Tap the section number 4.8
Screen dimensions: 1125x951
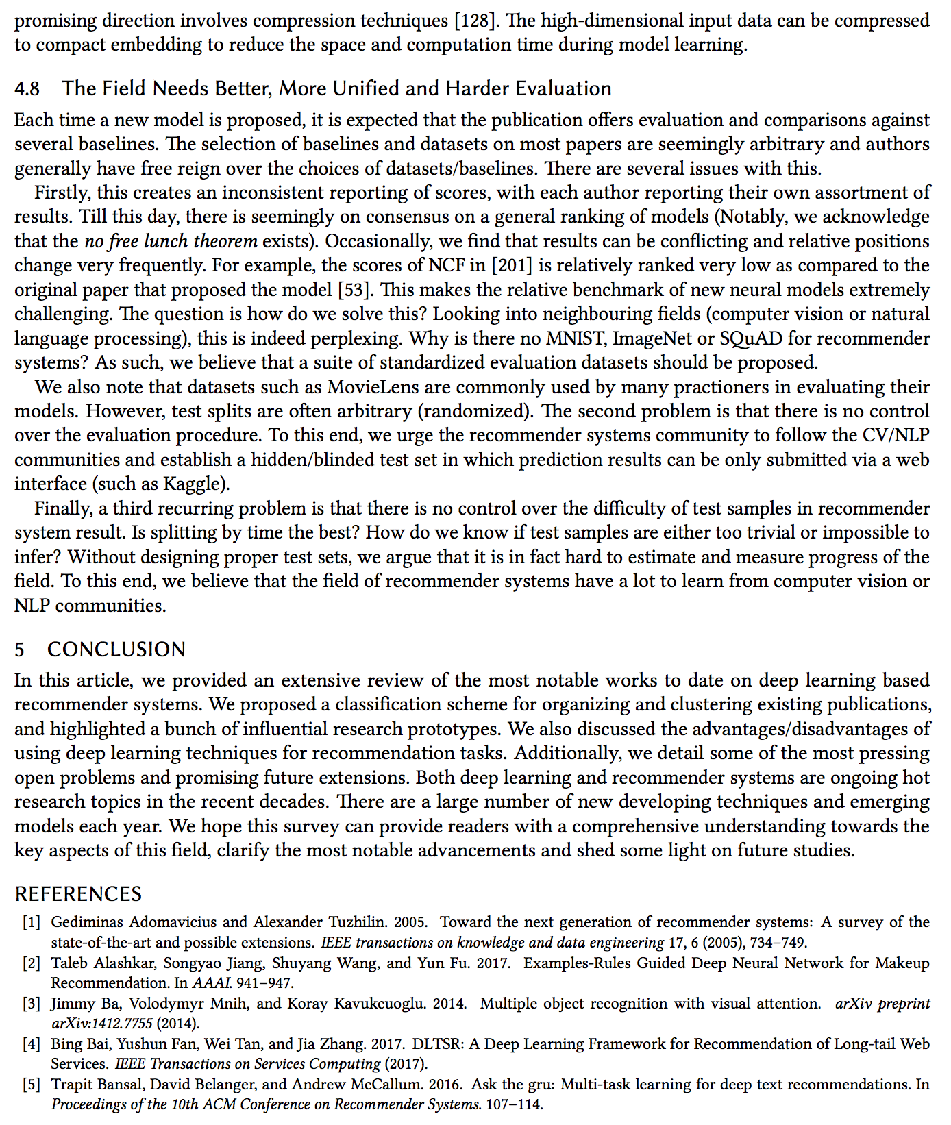[27, 89]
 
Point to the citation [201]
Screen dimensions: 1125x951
[522, 266]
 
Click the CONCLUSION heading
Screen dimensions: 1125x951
[116, 650]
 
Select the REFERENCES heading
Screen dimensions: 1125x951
[78, 894]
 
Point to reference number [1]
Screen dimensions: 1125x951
[32, 922]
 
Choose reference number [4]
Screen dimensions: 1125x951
[32, 1044]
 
